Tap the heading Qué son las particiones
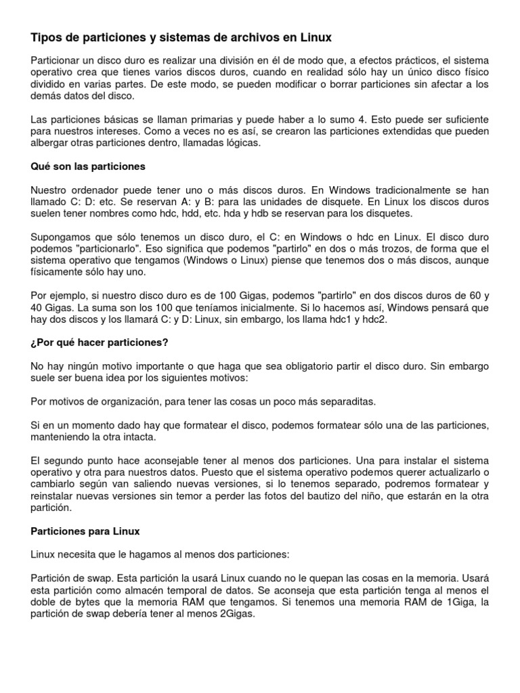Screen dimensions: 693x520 point(88,166)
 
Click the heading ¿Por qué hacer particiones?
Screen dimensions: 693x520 point(100,343)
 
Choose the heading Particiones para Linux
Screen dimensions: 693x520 point(85,531)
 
